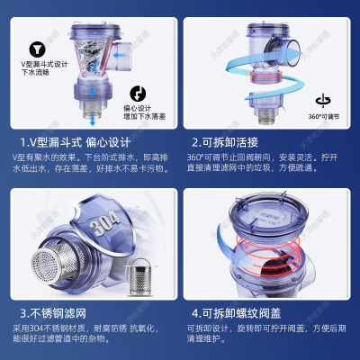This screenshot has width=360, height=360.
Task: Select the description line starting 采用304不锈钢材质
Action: (85, 330)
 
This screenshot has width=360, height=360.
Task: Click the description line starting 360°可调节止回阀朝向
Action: (261, 157)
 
